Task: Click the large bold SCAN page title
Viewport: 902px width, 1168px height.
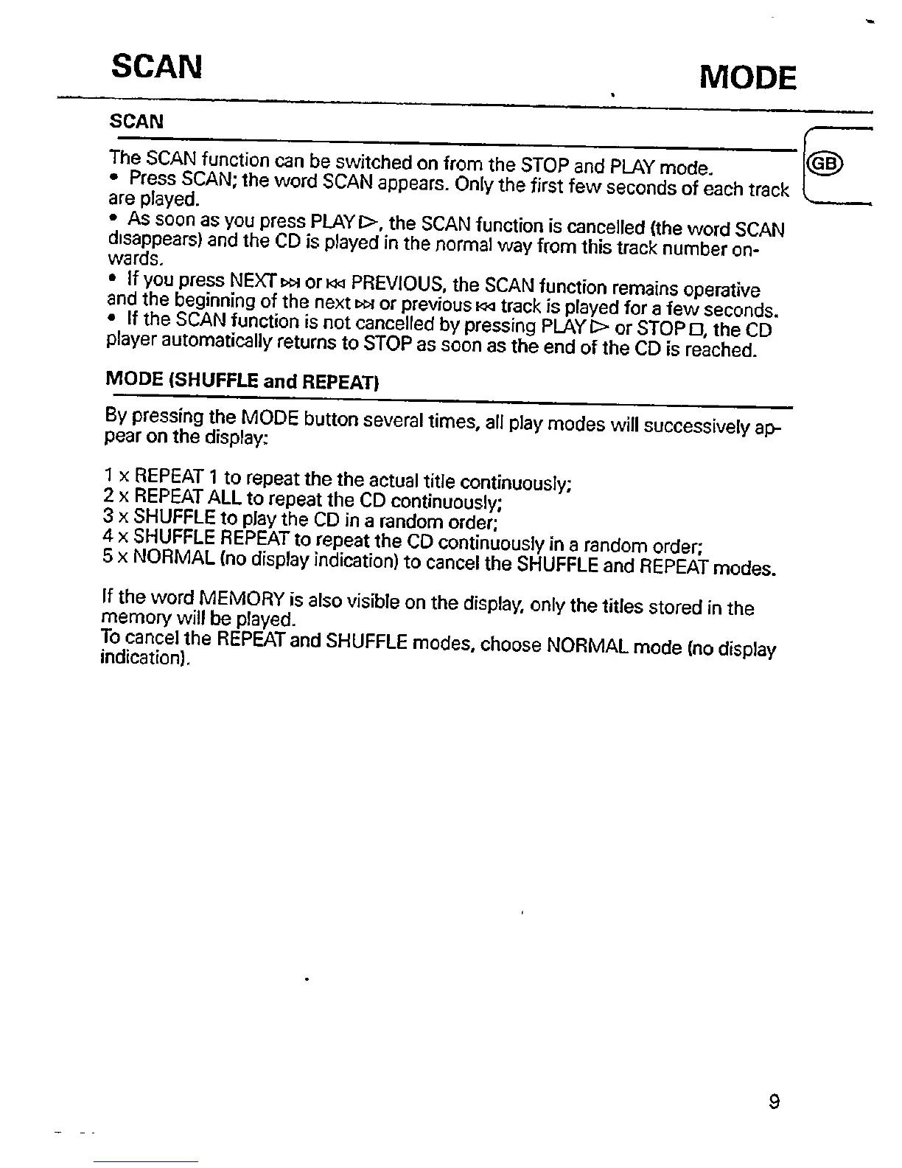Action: click(156, 67)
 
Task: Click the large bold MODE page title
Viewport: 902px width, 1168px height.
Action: click(747, 78)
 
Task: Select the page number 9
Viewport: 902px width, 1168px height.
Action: click(774, 1102)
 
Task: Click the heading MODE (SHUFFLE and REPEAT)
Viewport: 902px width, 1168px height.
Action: click(242, 380)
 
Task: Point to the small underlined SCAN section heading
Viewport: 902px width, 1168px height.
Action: click(136, 121)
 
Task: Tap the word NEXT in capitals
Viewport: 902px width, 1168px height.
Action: click(252, 280)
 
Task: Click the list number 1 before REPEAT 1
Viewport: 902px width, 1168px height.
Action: click(108, 473)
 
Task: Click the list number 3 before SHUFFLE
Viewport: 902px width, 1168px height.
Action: click(107, 515)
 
